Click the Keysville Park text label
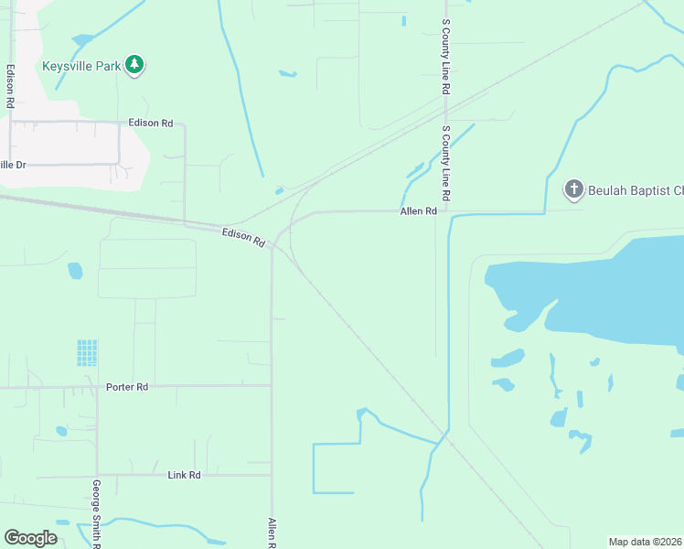point(81,66)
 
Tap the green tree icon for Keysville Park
point(135,64)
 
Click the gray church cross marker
point(573,189)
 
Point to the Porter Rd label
point(127,387)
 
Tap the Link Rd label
point(184,476)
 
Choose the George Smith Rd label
point(96,512)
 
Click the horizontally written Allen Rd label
point(418,211)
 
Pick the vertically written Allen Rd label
point(272,532)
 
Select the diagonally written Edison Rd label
point(243,238)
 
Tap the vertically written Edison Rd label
point(10,86)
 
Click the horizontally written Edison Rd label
point(151,123)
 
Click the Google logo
point(30,538)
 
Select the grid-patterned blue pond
point(87,352)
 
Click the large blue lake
point(604,293)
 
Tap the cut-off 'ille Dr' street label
point(13,165)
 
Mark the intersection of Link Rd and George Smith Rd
point(97,475)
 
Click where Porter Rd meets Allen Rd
point(272,386)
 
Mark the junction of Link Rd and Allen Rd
point(272,475)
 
